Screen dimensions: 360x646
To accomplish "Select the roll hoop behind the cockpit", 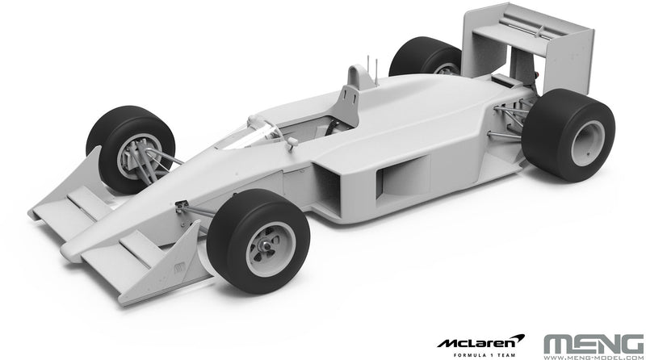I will tap(348, 102).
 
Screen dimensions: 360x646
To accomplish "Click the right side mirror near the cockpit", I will tap(292, 141).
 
